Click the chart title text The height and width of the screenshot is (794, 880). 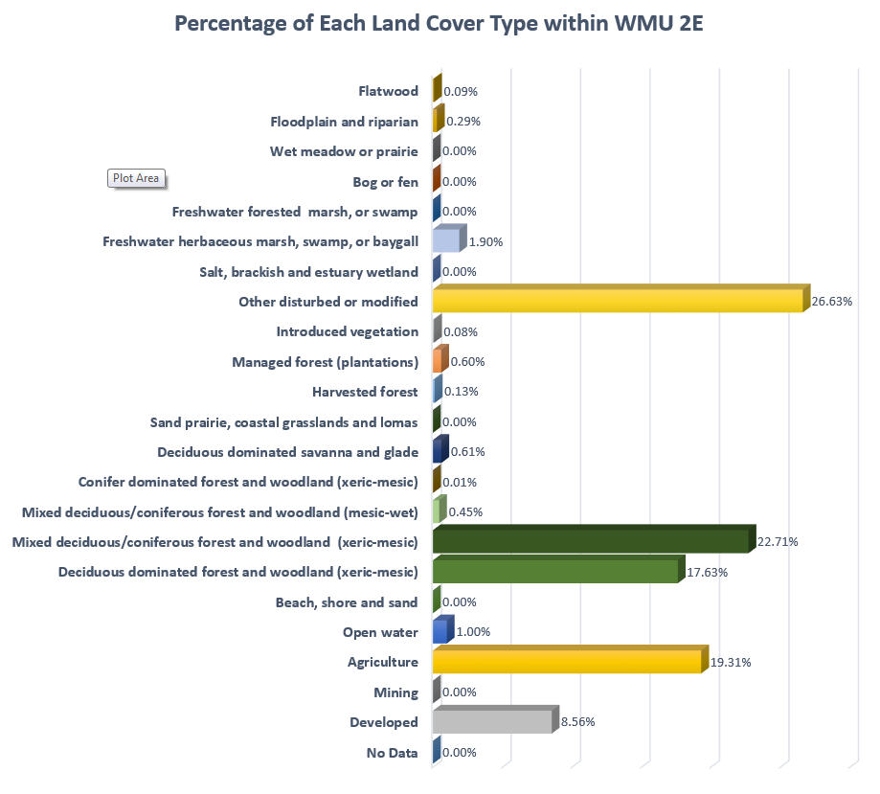(439, 23)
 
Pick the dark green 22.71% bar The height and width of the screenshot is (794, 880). (590, 542)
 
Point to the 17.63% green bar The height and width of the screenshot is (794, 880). (555, 573)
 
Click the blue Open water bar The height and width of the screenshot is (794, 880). (440, 632)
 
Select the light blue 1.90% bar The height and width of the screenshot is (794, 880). (446, 240)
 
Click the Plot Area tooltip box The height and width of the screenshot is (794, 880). (136, 178)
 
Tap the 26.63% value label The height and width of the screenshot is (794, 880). (833, 301)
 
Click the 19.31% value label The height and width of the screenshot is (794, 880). (730, 662)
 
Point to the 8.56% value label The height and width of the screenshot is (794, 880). (577, 722)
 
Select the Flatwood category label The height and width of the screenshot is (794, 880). (388, 91)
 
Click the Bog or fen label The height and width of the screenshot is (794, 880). (385, 182)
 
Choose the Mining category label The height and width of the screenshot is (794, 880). (395, 692)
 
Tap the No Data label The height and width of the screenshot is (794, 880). (392, 753)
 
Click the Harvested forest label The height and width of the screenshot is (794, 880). (365, 392)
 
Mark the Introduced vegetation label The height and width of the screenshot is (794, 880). (347, 331)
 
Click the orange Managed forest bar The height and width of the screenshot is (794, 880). (440, 361)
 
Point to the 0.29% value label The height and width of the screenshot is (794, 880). (463, 122)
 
